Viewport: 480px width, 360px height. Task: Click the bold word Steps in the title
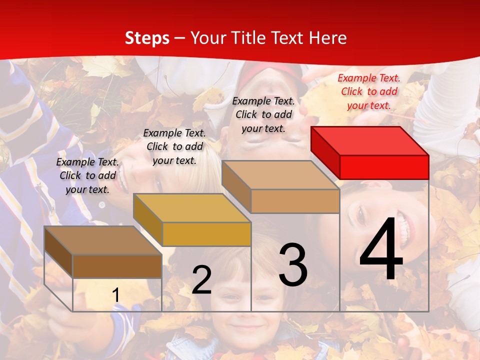[x=147, y=38]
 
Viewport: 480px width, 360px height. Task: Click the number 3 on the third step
[x=293, y=265]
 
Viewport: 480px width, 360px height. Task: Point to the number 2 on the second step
[x=201, y=280]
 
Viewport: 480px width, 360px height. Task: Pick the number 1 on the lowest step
[x=115, y=295]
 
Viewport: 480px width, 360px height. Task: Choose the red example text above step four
[x=369, y=91]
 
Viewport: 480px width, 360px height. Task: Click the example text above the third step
[x=263, y=114]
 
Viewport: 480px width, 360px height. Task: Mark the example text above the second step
[x=174, y=146]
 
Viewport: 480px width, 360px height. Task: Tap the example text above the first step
[x=87, y=175]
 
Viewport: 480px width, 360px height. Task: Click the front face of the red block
[x=384, y=167]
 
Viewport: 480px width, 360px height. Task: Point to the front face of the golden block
[x=206, y=234]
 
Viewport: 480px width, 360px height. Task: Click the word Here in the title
[x=328, y=38]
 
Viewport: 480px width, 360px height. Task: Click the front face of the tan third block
[x=295, y=201]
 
